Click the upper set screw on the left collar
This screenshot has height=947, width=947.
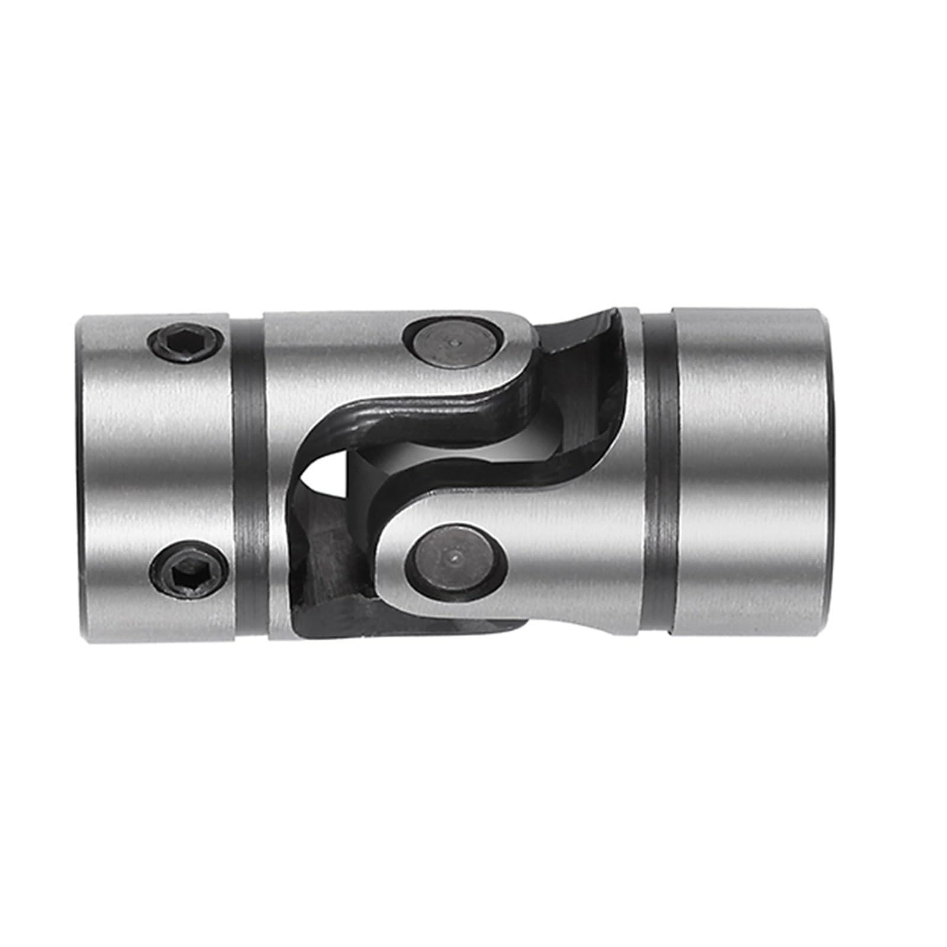185,342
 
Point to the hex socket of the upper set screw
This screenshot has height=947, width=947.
185,342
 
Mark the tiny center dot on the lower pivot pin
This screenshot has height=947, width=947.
454,557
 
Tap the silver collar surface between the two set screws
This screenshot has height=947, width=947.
154,456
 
